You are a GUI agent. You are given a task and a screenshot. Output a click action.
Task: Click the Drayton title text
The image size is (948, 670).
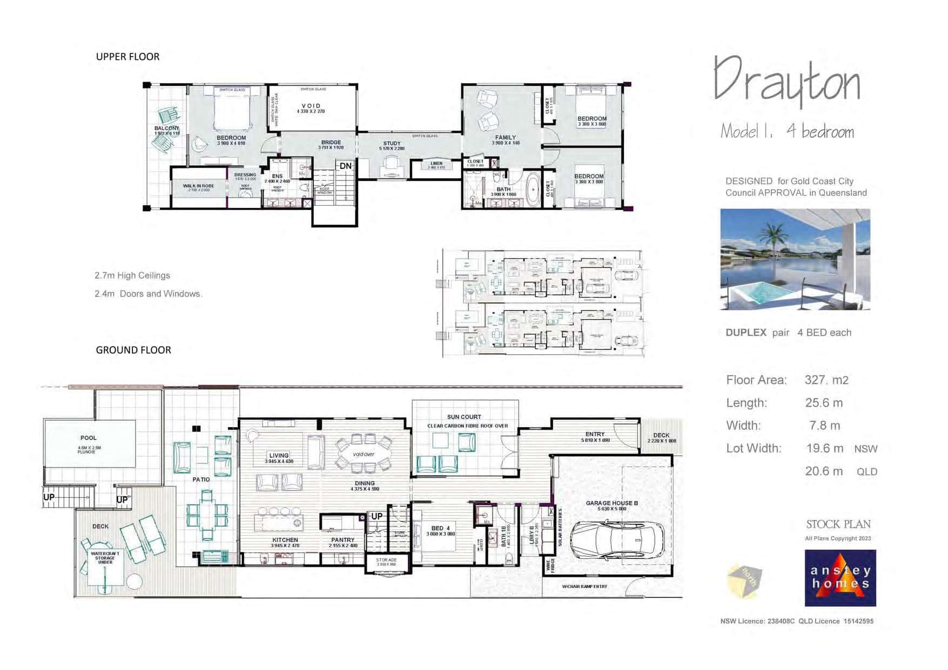(786, 82)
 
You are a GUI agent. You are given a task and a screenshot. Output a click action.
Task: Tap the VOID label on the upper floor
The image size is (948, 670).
(311, 106)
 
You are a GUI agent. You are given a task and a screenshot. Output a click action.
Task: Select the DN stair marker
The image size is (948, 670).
(345, 166)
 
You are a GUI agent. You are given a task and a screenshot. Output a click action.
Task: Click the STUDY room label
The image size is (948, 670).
(392, 144)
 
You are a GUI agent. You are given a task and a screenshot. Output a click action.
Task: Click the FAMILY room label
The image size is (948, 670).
(506, 138)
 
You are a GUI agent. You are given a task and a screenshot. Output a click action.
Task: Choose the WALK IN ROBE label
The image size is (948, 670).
(198, 186)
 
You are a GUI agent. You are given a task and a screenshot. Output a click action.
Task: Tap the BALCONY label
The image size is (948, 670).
(166, 128)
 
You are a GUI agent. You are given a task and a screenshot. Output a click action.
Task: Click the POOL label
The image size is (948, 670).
(89, 438)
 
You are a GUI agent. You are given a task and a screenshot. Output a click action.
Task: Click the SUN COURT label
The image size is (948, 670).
(464, 417)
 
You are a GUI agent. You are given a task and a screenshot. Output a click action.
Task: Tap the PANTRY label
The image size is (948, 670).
(343, 540)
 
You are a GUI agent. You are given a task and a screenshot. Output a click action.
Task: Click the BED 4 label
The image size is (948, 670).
(440, 528)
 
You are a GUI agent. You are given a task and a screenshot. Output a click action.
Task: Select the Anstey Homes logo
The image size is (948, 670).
(840, 578)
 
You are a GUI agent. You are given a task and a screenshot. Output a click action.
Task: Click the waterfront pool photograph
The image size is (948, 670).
(795, 259)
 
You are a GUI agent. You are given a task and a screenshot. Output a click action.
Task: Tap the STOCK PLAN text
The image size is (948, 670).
(838, 524)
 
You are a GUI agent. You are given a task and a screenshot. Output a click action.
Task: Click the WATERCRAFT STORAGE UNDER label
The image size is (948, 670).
(105, 558)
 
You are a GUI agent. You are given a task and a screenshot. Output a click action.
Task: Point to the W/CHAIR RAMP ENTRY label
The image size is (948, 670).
(584, 586)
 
